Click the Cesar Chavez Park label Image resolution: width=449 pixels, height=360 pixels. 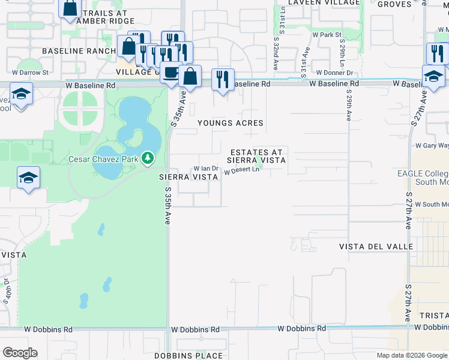tap(104, 159)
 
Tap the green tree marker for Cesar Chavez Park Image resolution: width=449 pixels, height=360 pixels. tap(147, 159)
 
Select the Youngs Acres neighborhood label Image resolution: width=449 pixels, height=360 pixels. tap(231, 123)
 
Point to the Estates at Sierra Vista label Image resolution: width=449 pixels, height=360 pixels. tap(256, 156)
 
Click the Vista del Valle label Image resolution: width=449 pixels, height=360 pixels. tap(376, 247)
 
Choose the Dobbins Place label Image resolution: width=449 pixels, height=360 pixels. tap(188, 356)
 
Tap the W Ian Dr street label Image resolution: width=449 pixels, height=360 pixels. tap(205, 169)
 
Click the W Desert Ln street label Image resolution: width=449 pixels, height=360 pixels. tap(241, 171)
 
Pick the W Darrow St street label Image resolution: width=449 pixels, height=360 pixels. tap(28, 73)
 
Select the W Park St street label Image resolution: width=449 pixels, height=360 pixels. tap(327, 35)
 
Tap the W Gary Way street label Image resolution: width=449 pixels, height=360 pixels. tap(432, 145)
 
